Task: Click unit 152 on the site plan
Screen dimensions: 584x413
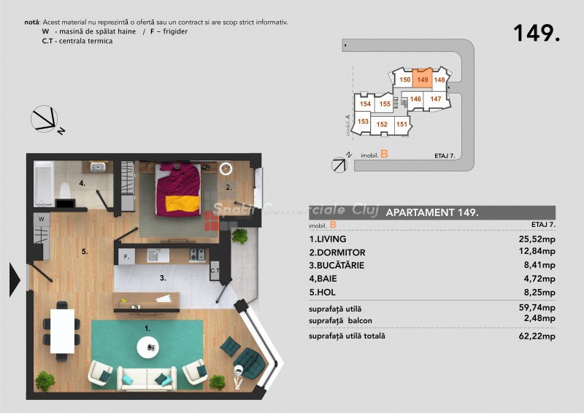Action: coord(382,124)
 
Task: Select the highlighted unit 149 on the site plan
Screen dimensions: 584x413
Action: coord(423,78)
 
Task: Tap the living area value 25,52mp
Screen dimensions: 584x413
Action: coord(537,239)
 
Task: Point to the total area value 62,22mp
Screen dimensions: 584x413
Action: coord(537,336)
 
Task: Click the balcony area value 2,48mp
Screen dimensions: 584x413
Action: coord(539,318)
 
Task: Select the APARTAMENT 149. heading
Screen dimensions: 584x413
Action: coord(432,212)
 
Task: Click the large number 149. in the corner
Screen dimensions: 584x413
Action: coord(537,33)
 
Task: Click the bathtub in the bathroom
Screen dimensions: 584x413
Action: coord(44,184)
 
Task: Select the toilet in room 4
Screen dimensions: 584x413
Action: coord(65,190)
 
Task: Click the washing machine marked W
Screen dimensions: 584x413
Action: coord(42,220)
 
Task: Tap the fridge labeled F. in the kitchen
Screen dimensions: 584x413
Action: coord(126,257)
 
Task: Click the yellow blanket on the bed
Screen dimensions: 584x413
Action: coord(182,204)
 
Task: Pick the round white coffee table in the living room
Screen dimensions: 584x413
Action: coord(148,347)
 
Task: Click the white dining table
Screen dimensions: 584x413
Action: coord(62,331)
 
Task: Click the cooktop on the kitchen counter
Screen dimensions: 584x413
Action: coord(197,255)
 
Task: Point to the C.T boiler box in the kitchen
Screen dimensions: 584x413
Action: coord(215,271)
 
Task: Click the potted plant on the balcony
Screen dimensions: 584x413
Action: coord(239,236)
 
